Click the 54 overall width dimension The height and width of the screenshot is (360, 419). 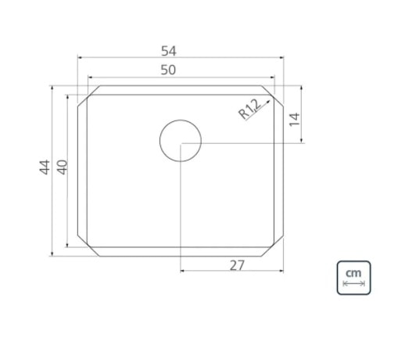169,51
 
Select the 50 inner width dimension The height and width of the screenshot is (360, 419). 169,70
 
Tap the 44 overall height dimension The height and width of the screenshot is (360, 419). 45,167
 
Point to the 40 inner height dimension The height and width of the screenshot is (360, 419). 62,167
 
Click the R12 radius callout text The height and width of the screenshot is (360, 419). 249,110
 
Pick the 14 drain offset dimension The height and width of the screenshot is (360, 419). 294,119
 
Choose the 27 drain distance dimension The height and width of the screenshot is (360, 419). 238,265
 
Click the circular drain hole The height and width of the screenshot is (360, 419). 181,142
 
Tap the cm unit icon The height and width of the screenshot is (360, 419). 353,278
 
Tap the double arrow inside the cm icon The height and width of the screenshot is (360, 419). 353,284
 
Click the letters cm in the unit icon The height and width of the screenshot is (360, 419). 353,272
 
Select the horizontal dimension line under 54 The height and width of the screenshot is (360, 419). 180,59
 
